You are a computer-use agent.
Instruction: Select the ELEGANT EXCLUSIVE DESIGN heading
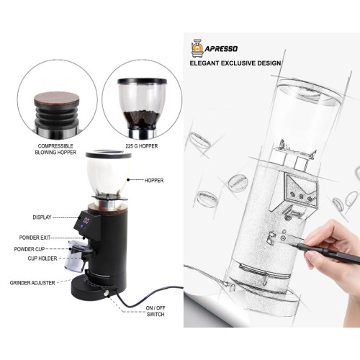[x=235, y=63]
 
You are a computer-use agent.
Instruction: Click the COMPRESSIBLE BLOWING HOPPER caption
[x=55, y=149]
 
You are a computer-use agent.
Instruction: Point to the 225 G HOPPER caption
[x=141, y=145]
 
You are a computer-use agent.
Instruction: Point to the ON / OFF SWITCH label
[x=156, y=311]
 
